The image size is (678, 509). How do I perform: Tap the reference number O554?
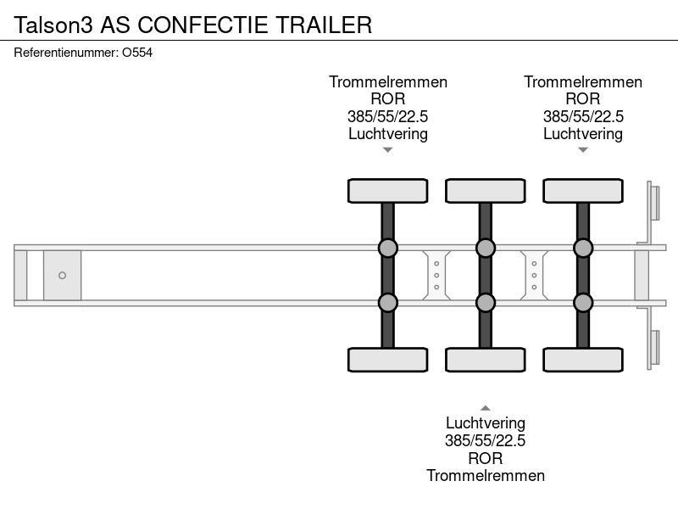[x=137, y=53]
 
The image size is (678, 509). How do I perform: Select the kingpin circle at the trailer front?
[x=62, y=275]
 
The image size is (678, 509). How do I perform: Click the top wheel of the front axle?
[x=388, y=191]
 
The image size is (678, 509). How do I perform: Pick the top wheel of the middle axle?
[x=485, y=191]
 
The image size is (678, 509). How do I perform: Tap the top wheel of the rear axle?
[x=583, y=191]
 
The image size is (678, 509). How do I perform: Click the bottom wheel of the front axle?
[x=388, y=360]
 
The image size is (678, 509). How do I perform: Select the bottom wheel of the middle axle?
[x=485, y=360]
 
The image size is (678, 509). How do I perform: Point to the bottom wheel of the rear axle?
[x=583, y=360]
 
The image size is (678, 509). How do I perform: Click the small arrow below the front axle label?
[x=388, y=150]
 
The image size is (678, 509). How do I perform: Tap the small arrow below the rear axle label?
[x=583, y=150]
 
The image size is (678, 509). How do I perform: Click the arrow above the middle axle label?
[x=485, y=408]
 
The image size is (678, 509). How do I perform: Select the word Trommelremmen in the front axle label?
[x=388, y=81]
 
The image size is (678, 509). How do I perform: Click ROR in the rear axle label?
[x=583, y=99]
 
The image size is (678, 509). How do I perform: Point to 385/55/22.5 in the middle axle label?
[x=485, y=440]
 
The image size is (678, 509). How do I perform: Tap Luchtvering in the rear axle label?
[x=583, y=134]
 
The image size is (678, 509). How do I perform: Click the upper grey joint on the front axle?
[x=388, y=248]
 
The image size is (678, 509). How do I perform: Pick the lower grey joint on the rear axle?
[x=583, y=303]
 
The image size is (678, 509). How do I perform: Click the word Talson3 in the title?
[x=53, y=25]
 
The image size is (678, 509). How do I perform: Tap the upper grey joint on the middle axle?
[x=485, y=248]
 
